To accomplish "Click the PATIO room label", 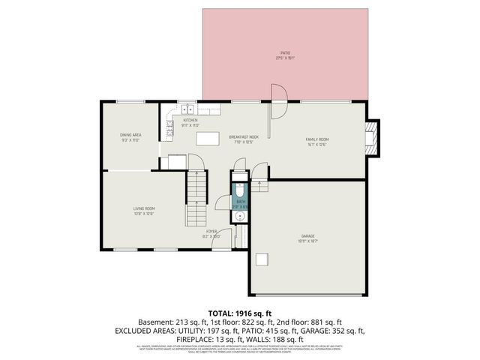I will [285, 52].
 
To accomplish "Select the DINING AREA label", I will [130, 135].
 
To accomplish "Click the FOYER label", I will [212, 232].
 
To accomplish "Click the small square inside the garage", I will [262, 259].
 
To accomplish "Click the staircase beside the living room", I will [196, 187].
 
